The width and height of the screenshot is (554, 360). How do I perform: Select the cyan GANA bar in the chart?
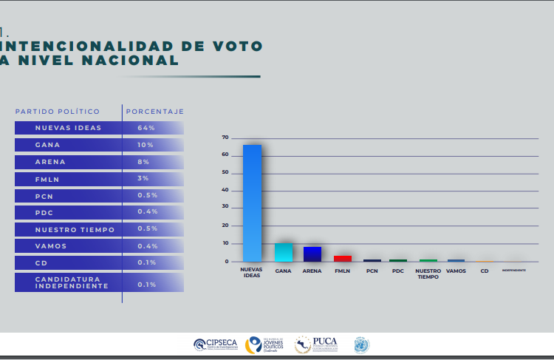(x=283, y=252)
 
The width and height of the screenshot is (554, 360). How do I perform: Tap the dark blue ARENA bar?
(x=312, y=254)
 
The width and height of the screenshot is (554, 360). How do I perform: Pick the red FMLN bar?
(x=342, y=258)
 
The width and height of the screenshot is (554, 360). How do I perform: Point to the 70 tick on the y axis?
(x=225, y=137)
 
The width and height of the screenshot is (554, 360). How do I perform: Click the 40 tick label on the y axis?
(x=225, y=191)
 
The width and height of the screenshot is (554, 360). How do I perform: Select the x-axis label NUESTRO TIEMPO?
(x=428, y=274)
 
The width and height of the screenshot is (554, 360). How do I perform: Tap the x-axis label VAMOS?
(x=456, y=271)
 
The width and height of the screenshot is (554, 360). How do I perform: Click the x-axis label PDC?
(x=397, y=271)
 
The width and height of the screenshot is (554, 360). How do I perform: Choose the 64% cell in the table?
(x=146, y=128)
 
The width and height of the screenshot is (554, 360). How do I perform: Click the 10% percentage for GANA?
(x=145, y=145)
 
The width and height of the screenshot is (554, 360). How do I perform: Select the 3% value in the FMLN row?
(x=143, y=179)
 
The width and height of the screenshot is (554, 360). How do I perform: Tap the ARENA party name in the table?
(x=50, y=162)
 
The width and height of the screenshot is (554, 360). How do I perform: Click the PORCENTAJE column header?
(x=155, y=112)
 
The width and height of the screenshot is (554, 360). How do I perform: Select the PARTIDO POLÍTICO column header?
(x=58, y=112)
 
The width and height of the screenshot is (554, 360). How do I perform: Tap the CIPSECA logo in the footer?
(x=215, y=344)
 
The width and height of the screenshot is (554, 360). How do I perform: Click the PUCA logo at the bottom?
(x=316, y=344)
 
